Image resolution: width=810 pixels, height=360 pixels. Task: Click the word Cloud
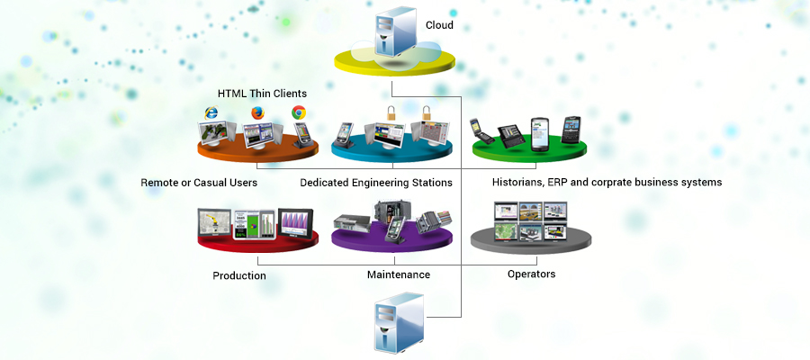coord(439,25)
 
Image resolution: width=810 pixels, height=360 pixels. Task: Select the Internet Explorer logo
coord(211,112)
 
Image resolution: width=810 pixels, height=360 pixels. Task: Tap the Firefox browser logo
coord(257,114)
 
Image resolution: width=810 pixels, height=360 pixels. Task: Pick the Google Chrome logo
coord(299,113)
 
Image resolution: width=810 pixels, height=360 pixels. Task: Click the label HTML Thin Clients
coord(262,94)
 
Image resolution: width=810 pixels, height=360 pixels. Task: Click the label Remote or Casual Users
coord(199,183)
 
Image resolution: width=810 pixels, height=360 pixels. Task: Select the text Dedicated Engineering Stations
coord(376,183)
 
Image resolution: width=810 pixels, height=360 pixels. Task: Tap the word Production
coord(239,275)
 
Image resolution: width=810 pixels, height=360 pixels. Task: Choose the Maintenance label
coord(399,274)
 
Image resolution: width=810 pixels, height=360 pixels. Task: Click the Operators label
coord(531,274)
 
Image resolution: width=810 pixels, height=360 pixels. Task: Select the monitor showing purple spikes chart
coord(295,222)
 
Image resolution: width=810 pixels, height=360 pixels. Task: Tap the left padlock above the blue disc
coord(391,114)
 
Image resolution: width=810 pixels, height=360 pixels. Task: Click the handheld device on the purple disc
coord(392,230)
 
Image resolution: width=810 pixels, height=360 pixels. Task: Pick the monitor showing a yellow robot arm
coord(215,224)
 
